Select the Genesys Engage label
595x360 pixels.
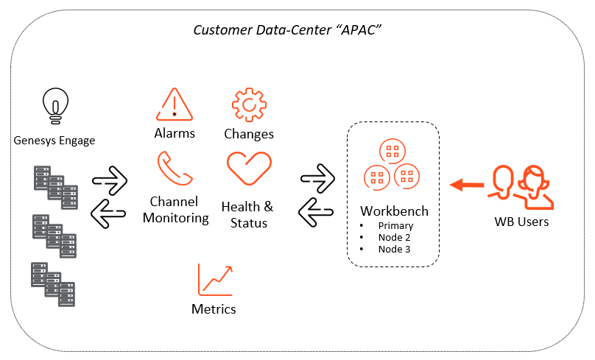point(54,140)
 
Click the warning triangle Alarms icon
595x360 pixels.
point(174,105)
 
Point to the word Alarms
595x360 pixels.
point(175,133)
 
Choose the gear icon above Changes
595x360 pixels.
point(249,105)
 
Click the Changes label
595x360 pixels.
point(249,134)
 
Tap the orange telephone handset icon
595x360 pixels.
point(175,169)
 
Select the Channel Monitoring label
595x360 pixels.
point(175,210)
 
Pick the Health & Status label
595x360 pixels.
point(247,214)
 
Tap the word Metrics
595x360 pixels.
point(214,309)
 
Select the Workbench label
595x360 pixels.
point(394,211)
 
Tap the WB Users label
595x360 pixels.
point(521,222)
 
